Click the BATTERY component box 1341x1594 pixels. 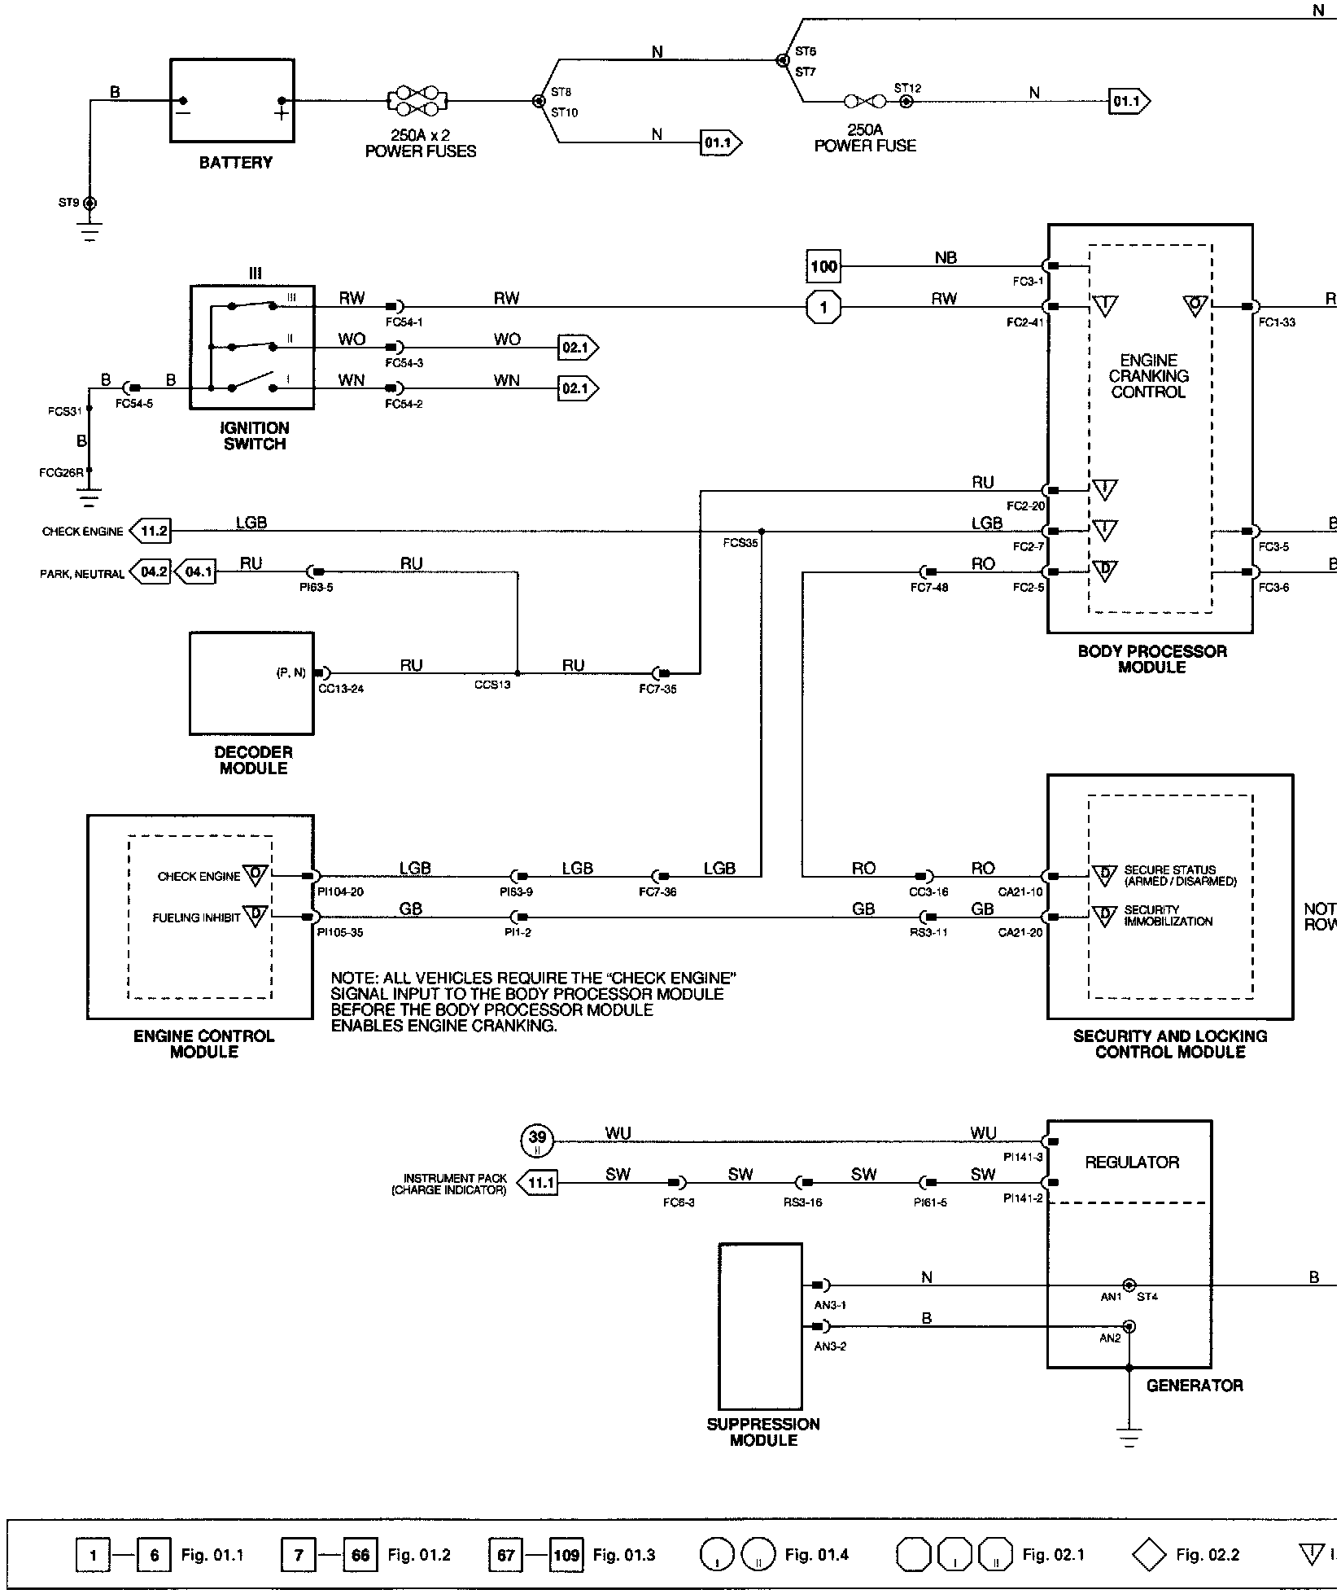tap(233, 101)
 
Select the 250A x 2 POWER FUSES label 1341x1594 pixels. tap(420, 143)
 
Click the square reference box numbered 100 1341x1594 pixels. tap(823, 266)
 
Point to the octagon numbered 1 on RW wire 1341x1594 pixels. tap(823, 308)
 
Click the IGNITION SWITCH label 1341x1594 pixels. tap(255, 436)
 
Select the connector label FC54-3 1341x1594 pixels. tap(404, 363)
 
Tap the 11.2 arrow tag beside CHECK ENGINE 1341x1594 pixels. tap(151, 532)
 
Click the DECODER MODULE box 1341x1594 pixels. tap(251, 683)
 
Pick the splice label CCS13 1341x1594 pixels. tap(492, 685)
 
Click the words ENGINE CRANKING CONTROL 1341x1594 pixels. tap(1148, 376)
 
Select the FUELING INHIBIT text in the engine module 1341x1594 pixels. tap(196, 918)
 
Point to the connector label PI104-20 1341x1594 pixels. tap(340, 892)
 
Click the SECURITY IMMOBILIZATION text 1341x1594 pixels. tap(1168, 916)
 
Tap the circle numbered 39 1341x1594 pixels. tap(537, 1141)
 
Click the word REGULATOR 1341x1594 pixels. tap(1131, 1163)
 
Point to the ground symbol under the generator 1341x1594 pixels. tap(1129, 1438)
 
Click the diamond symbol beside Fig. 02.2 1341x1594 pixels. tap(1149, 1555)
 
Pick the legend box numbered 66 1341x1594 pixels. tap(360, 1556)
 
